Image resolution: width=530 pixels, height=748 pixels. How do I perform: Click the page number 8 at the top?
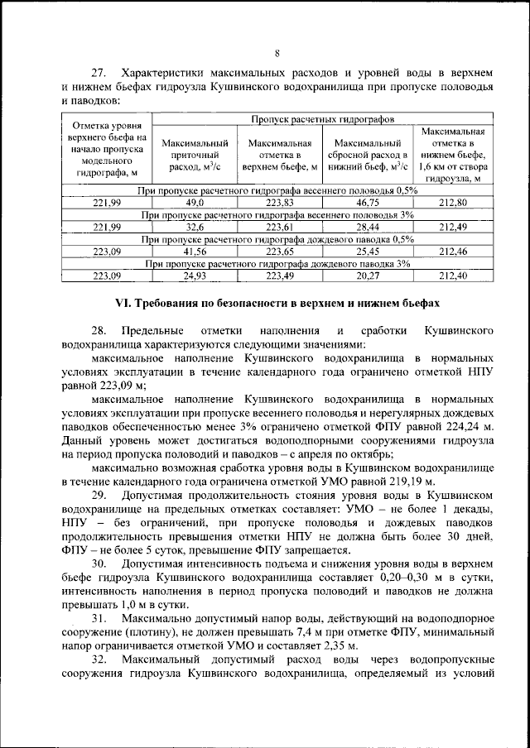[277, 54]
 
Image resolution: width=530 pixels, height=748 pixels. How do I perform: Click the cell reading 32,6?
[195, 228]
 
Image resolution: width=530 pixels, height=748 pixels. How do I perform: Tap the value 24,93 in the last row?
[195, 276]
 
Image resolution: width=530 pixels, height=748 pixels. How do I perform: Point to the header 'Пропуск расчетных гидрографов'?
[324, 120]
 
